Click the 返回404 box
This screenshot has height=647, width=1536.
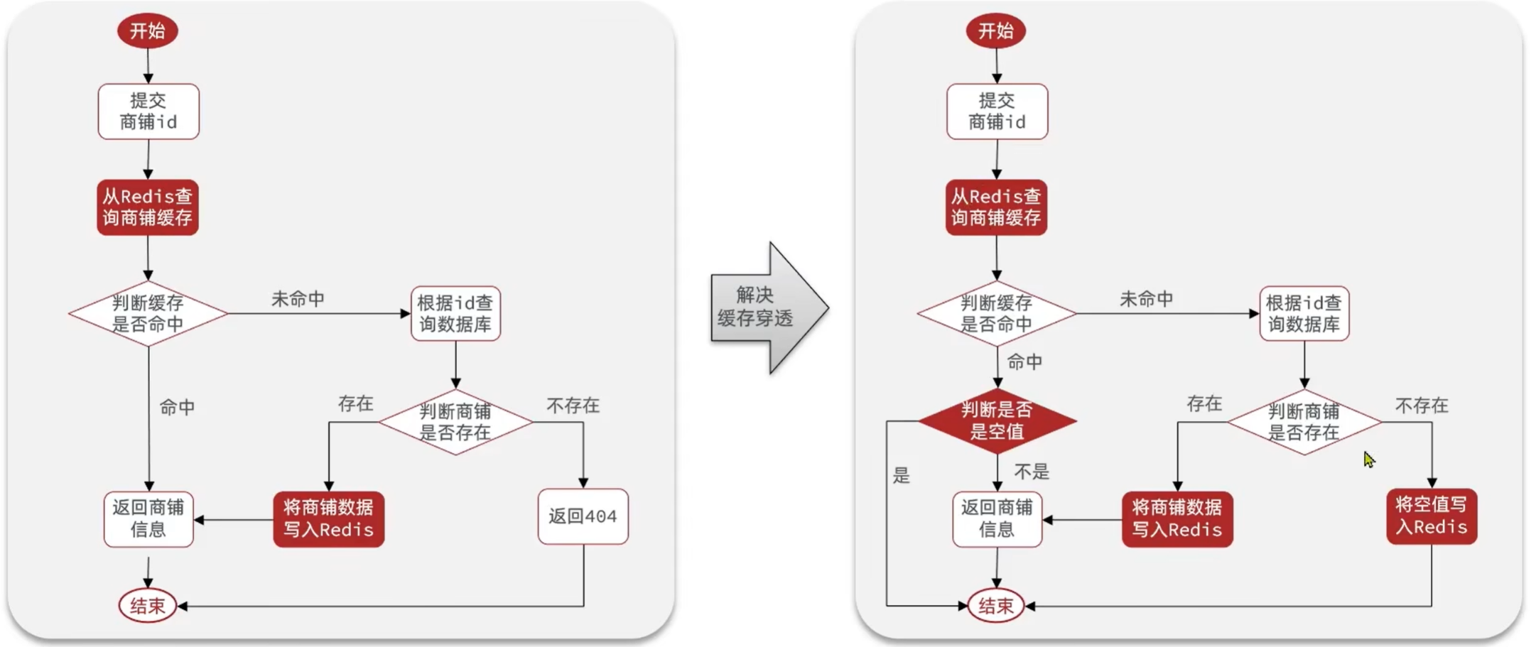click(583, 516)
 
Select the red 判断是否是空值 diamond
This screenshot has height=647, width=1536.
click(997, 420)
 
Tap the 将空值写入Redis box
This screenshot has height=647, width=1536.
click(1431, 516)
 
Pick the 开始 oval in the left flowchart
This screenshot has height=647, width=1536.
click(148, 31)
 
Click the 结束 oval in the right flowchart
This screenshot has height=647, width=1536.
click(996, 606)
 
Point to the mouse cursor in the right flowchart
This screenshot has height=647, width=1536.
click(1368, 460)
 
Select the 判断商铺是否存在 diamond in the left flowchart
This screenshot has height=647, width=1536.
click(455, 422)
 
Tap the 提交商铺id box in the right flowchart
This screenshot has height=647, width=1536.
click(997, 112)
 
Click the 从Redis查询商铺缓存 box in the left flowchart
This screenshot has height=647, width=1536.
click(148, 207)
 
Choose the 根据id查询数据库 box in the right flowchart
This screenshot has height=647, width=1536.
click(1304, 314)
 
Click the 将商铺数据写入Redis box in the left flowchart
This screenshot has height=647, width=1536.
click(328, 519)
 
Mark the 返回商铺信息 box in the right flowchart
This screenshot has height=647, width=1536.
click(997, 519)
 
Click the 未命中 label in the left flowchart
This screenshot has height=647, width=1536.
click(298, 299)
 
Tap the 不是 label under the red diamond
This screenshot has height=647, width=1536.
click(1032, 472)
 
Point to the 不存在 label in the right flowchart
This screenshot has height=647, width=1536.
click(1422, 406)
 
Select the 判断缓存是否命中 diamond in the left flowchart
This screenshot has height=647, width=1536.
click(148, 313)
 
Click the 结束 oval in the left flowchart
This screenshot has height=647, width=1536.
click(148, 606)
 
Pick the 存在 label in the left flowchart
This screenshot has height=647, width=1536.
click(355, 404)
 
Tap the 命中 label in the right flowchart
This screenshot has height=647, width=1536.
click(1024, 362)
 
